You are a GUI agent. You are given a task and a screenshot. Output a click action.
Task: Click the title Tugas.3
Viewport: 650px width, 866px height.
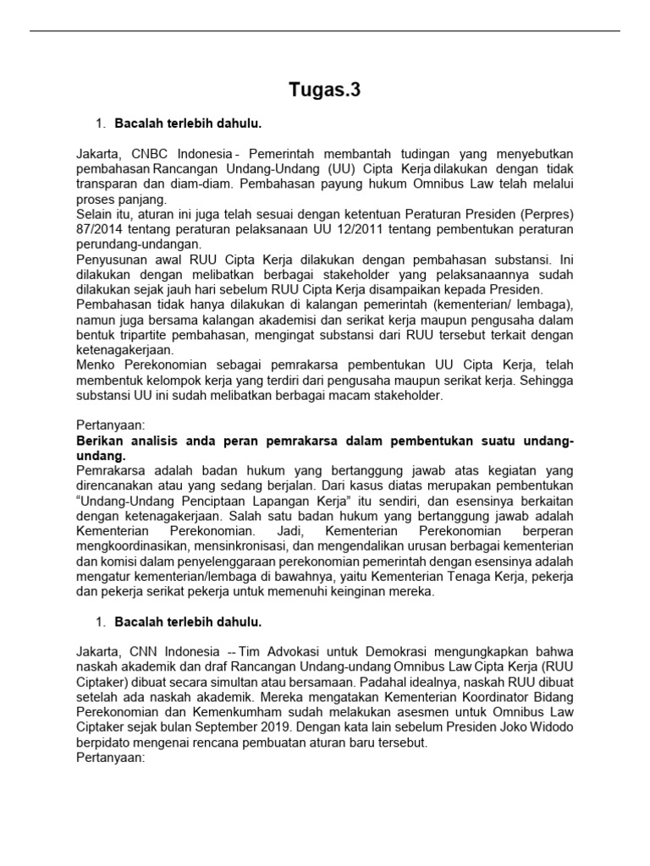[325, 90]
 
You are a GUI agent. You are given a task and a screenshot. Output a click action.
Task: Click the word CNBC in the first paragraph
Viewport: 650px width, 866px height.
[154, 153]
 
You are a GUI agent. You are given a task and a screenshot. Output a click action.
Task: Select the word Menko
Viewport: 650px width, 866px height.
[96, 364]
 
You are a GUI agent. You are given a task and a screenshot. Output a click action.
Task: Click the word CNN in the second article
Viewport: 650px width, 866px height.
[149, 652]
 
